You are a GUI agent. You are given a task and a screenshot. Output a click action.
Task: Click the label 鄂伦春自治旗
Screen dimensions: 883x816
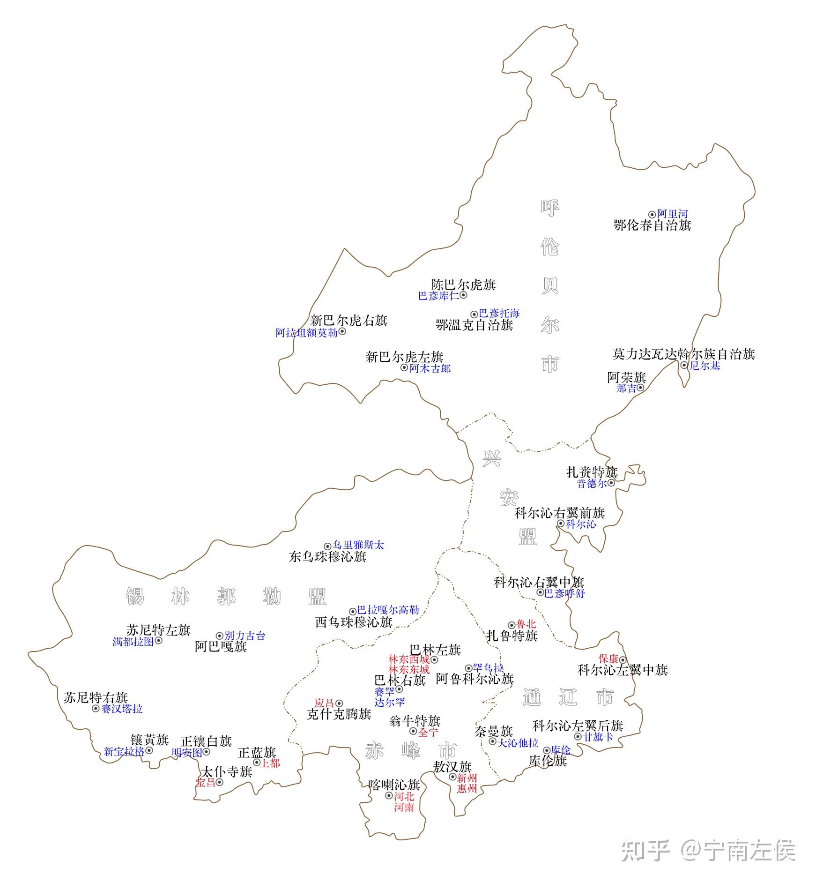point(652,225)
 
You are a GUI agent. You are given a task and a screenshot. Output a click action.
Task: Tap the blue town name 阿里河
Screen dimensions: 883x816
point(672,214)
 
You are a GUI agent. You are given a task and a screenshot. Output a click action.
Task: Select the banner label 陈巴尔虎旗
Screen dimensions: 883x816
point(463,285)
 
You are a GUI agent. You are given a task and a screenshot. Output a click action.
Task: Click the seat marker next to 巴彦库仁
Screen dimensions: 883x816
point(463,295)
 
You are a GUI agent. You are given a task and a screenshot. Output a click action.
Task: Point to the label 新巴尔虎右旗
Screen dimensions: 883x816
point(349,321)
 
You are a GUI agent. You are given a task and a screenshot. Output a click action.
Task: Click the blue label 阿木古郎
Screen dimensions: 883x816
point(430,368)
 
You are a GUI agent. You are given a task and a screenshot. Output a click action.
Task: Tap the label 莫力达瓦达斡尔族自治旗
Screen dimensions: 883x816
point(683,354)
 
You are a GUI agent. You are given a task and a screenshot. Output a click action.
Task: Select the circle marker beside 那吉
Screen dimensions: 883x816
point(640,388)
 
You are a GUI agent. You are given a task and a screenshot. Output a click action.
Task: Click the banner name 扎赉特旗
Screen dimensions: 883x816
point(592,472)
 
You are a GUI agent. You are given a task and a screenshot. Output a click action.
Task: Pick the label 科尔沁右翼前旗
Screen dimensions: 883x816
point(559,513)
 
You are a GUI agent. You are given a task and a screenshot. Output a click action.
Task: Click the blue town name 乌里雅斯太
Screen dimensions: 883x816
point(358,545)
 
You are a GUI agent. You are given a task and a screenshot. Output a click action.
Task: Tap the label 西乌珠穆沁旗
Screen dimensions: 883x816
point(354,622)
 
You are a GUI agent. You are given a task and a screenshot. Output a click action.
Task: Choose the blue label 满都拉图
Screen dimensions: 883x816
point(133,642)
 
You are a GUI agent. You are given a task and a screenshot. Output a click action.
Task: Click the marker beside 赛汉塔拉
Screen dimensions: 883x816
point(96,709)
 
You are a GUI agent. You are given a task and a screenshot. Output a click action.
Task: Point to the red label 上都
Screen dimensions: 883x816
point(270,763)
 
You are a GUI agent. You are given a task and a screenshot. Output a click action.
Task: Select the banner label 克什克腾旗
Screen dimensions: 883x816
point(339,714)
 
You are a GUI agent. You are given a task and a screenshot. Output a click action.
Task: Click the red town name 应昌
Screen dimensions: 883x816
point(324,703)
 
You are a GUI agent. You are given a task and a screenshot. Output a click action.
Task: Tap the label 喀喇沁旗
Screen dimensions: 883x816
point(394,785)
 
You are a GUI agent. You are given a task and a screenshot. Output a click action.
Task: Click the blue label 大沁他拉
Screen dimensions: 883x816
point(518,743)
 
